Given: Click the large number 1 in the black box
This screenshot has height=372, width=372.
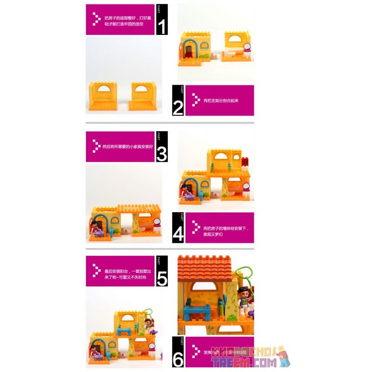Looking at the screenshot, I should coord(161,26).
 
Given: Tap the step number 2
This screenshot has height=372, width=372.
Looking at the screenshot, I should coord(178,106).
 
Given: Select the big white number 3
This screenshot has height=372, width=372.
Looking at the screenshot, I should coord(161,153).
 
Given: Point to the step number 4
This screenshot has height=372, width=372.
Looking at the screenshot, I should coord(178,234).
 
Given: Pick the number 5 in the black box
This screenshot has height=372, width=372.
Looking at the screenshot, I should coord(161,278).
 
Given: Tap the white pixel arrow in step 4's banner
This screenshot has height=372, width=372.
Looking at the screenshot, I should coord(194,228).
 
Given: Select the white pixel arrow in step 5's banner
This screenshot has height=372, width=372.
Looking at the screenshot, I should coord(97,271).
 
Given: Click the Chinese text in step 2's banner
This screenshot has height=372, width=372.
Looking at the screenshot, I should coord(221,100).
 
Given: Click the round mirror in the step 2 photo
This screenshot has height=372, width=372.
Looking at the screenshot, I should coord(247,46).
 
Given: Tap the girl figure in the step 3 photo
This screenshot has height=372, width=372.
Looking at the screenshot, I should coord(95,228).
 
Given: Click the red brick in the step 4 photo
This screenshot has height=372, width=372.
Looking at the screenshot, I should coord(245,161).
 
